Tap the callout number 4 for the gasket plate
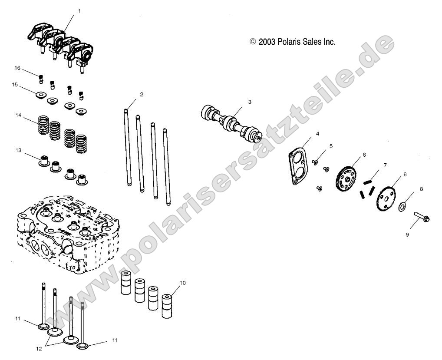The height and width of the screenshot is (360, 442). (317, 134)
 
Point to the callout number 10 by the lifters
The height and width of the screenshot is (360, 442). (183, 283)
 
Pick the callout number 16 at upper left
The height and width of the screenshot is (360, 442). (18, 68)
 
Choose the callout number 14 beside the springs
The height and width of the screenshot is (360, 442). (18, 115)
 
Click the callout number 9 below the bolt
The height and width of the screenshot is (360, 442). (407, 235)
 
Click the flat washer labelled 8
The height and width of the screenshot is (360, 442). (402, 205)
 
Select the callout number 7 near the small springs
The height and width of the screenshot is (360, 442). (385, 165)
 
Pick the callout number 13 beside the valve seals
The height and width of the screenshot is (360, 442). (18, 150)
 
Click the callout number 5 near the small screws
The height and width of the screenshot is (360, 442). (331, 146)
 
